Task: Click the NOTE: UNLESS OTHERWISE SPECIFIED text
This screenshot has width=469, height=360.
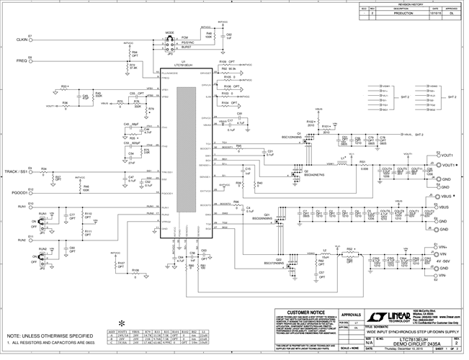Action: click(x=48, y=336)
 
